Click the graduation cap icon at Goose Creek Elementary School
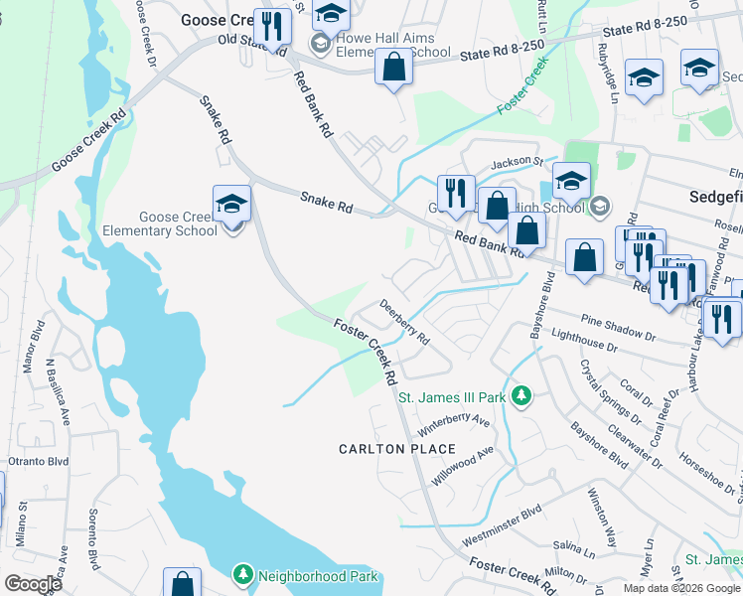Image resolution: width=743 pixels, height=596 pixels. [231, 204]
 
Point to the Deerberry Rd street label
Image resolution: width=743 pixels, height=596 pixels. [404, 324]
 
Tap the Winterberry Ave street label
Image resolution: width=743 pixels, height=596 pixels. [455, 425]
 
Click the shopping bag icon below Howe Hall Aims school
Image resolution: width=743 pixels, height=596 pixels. [393, 69]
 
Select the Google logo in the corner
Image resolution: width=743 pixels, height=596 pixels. [33, 584]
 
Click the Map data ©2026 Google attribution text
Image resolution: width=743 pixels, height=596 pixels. [680, 588]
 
